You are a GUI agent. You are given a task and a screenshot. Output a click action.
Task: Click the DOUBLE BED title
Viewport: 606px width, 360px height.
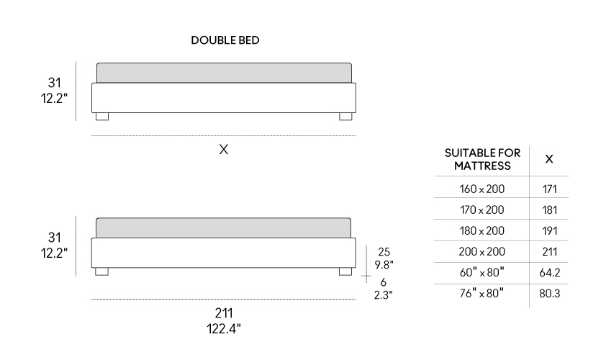[x=225, y=40]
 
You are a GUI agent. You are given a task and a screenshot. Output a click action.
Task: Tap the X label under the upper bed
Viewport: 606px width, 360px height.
[x=224, y=149]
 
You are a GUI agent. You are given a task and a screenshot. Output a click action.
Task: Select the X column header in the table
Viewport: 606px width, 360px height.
[x=549, y=159]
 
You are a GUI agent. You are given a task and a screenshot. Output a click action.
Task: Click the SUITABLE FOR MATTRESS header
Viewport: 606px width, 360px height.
[x=482, y=159]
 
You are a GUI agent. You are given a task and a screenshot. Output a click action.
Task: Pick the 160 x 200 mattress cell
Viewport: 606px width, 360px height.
[x=482, y=189]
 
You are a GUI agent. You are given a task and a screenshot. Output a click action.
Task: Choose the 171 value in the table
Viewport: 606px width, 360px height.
[x=550, y=189]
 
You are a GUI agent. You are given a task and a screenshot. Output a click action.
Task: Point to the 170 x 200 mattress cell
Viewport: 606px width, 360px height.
[x=482, y=210]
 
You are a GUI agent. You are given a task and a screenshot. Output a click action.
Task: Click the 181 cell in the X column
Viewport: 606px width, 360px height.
[x=550, y=210]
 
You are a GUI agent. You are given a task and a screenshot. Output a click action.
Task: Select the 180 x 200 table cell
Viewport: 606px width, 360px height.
[x=482, y=230]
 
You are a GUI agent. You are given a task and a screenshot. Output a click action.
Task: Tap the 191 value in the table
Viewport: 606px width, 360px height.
[x=550, y=230]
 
